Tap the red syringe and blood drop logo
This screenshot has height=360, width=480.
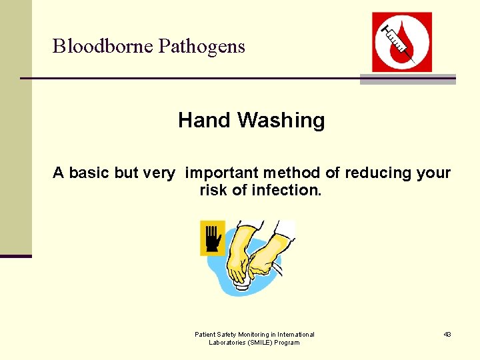[x=401, y=41]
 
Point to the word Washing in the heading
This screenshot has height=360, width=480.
[x=281, y=121]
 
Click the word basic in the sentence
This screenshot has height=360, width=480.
[x=90, y=173]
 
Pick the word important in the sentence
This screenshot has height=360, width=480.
[x=222, y=173]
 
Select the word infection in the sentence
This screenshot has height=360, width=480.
[x=286, y=191]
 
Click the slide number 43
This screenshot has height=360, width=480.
[x=447, y=334]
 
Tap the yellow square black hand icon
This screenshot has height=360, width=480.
[x=213, y=238]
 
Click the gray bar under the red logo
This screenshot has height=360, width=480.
[x=407, y=79]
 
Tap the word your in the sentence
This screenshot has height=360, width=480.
[x=433, y=173]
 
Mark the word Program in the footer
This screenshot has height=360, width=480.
[x=287, y=343]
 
